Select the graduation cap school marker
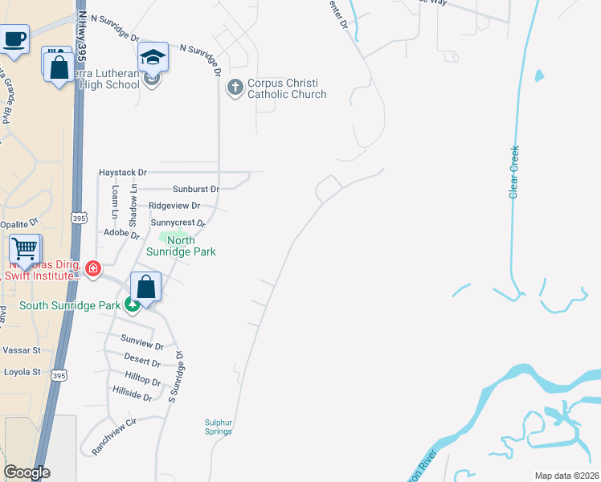(x=153, y=58)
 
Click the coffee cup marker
(x=14, y=39)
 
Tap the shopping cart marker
(x=26, y=249)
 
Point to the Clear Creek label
(x=514, y=171)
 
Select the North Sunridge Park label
(x=181, y=246)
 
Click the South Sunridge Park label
(x=69, y=305)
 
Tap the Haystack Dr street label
(x=123, y=173)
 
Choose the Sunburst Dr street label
(x=196, y=190)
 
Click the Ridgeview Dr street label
(x=174, y=206)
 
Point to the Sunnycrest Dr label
(x=178, y=223)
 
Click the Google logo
(x=27, y=472)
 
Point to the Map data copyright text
(x=567, y=476)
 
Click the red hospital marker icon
(x=94, y=268)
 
